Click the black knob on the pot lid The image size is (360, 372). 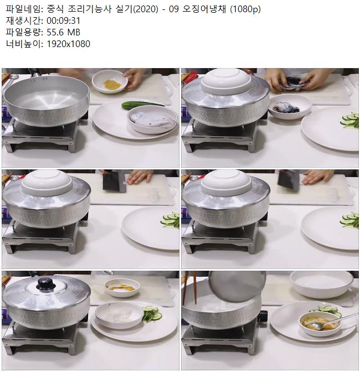click(46, 284)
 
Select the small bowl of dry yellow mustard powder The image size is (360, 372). click(110, 81)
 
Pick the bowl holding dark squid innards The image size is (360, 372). click(290, 106)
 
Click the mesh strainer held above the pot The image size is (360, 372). click(237, 286)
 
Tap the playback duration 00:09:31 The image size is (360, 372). click(63, 20)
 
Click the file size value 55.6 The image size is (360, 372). click(55, 32)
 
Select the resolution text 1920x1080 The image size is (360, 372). click(68, 44)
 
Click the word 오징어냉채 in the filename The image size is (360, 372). click(204, 9)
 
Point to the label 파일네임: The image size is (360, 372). click(24, 9)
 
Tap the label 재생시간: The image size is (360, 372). click(24, 21)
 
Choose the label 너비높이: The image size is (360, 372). click(24, 44)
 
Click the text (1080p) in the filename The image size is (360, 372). click(245, 9)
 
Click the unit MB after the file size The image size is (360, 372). click(74, 32)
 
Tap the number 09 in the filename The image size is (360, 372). click(174, 9)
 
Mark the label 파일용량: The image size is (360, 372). click(24, 32)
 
